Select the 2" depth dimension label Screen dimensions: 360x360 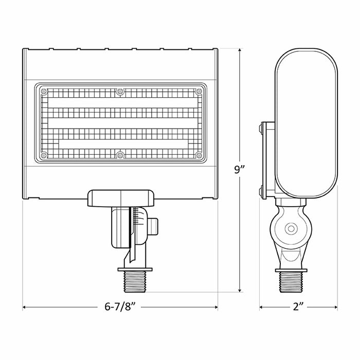(x=299, y=308)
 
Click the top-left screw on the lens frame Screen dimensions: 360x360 (x=44, y=93)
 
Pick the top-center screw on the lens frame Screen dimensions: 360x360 (x=120, y=92)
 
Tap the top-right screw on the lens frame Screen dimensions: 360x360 (x=197, y=93)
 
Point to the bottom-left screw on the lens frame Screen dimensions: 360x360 (x=44, y=154)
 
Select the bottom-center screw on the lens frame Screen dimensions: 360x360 (x=120, y=154)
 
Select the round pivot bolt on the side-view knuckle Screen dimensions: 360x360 (x=291, y=227)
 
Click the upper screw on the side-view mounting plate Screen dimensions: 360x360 (x=263, y=127)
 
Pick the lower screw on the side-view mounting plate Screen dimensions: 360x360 (x=263, y=193)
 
